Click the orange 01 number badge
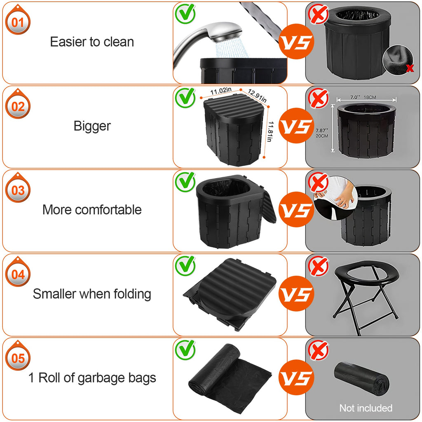click(x=18, y=22)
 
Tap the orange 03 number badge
click(x=18, y=190)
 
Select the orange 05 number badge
click(x=18, y=358)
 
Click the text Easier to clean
click(x=92, y=42)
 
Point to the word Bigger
click(x=92, y=126)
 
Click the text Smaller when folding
click(x=92, y=294)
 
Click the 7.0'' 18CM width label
click(x=366, y=97)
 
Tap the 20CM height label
click(x=322, y=136)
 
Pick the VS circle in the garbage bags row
click(x=296, y=377)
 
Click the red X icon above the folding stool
click(x=319, y=267)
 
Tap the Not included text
click(x=366, y=408)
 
